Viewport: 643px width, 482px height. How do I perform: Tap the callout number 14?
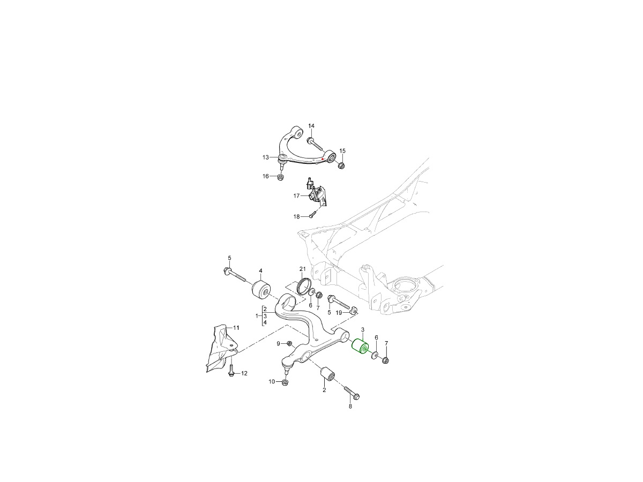tap(311, 126)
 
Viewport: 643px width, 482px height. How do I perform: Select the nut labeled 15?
tap(341, 164)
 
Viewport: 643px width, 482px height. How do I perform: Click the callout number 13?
tap(266, 157)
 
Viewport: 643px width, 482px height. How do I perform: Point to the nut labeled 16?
tap(280, 177)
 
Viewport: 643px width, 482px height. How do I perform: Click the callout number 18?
tap(296, 216)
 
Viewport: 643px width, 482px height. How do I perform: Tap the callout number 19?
tap(339, 312)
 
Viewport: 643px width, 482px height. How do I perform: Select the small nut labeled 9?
tap(289, 343)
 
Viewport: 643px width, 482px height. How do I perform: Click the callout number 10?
tap(272, 382)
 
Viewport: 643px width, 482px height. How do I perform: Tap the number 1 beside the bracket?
tap(257, 316)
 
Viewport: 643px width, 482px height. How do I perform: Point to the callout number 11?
tap(236, 327)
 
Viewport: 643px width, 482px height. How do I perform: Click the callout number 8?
tap(350, 407)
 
